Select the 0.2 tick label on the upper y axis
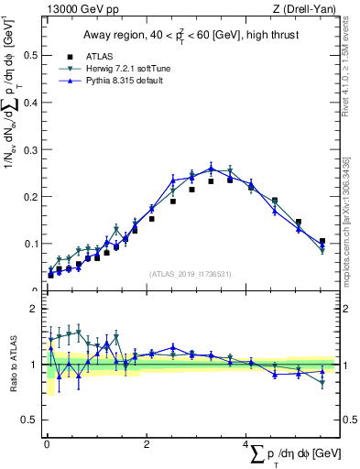tap(29, 197)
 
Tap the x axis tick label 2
tap(147, 444)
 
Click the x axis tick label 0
tap(46, 444)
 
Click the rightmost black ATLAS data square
tap(322, 241)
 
